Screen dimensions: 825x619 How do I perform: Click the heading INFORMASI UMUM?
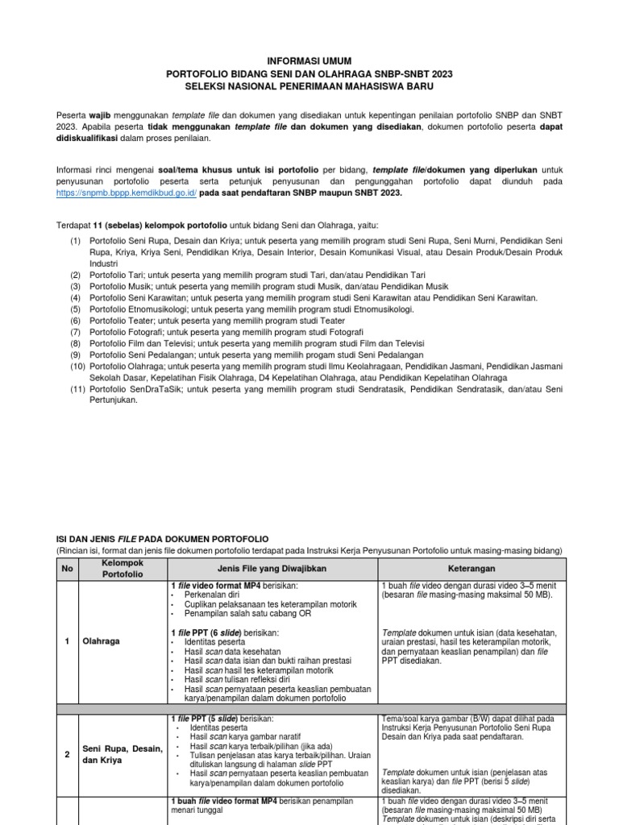coord(309,61)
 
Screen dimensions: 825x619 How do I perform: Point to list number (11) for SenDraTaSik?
coord(75,388)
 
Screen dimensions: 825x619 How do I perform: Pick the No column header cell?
coord(67,567)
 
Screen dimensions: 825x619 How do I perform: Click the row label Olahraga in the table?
coord(101,641)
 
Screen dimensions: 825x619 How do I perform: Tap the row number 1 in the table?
coord(67,641)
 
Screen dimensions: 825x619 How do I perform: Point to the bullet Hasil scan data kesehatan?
coord(234,651)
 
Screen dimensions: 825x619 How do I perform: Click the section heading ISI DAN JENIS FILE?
coord(161,538)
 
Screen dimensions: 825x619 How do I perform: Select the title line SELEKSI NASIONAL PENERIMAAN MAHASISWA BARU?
coord(309,85)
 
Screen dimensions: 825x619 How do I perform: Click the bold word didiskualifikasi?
coord(87,139)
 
